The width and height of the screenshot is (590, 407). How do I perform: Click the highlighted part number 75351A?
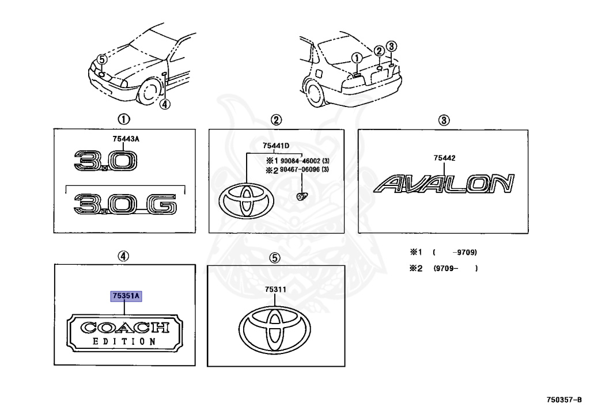(x=126, y=296)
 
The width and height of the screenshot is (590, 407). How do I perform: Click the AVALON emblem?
(x=443, y=184)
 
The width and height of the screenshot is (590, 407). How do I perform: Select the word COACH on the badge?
(x=124, y=328)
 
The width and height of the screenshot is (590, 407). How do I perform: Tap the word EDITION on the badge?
(x=124, y=341)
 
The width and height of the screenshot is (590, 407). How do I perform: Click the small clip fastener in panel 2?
(x=300, y=197)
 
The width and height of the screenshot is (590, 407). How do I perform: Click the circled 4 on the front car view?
(x=165, y=104)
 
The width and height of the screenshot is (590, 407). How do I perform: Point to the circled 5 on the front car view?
(x=101, y=59)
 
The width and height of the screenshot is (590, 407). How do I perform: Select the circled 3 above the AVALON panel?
(x=444, y=120)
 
